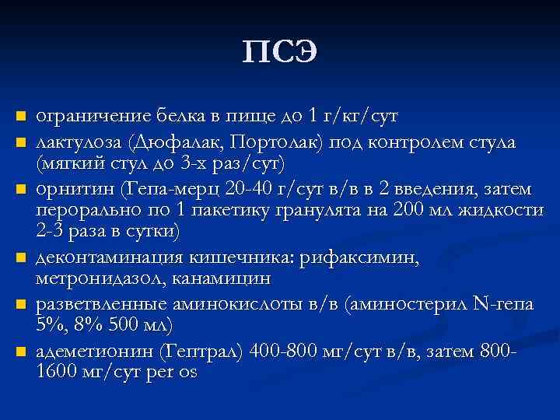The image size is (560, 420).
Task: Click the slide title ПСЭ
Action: click(280, 53)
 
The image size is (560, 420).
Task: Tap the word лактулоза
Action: click(79, 142)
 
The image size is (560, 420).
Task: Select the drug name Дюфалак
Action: click(165, 142)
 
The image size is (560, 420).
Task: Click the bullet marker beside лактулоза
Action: click(21, 142)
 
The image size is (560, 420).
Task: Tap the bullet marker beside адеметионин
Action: click(21, 352)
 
